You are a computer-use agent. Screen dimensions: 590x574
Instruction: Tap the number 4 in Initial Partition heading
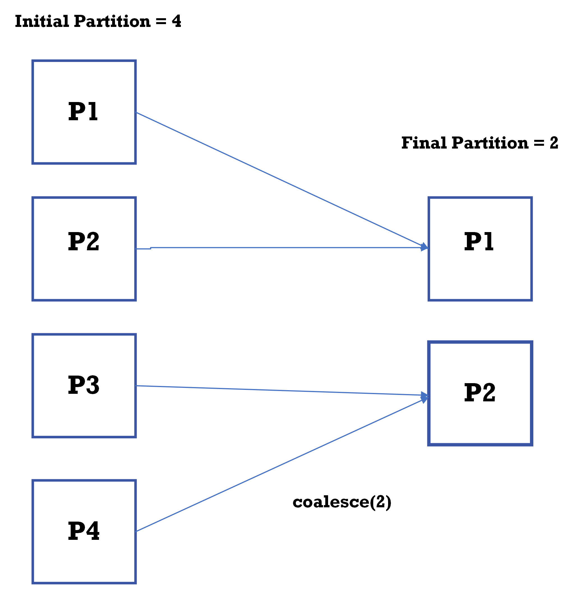tap(176, 21)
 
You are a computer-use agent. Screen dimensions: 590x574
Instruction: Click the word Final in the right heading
tap(424, 143)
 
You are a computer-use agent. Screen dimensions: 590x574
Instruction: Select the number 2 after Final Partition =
tap(554, 143)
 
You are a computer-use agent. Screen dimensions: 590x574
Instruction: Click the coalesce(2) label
tap(342, 502)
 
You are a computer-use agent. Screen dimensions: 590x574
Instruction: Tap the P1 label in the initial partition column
tap(83, 112)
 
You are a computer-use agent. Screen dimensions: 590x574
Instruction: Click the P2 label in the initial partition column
tap(84, 242)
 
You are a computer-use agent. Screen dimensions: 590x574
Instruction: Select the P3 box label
tap(84, 385)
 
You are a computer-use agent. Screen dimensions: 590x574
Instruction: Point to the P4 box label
tap(84, 531)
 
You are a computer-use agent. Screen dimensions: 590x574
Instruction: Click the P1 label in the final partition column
tap(479, 242)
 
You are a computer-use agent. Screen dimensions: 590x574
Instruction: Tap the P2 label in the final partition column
tap(480, 393)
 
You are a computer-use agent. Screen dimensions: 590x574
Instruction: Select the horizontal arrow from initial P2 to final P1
tap(286, 248)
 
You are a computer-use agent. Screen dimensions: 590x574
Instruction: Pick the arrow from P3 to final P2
tap(280, 390)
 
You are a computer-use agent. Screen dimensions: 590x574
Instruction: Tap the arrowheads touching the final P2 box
tap(425, 397)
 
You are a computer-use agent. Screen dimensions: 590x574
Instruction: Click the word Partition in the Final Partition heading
tap(490, 143)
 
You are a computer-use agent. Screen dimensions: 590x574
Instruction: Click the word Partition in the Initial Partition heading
tap(112, 21)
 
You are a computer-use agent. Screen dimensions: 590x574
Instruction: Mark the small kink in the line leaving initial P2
tap(150, 248)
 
